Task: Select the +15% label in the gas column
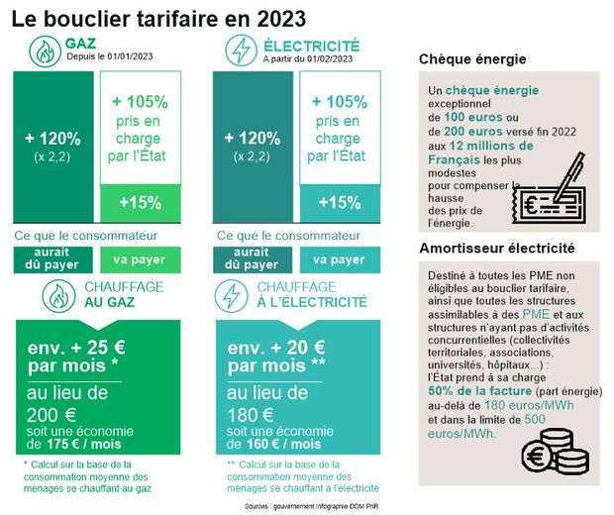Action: (142, 202)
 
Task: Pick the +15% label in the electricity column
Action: (341, 202)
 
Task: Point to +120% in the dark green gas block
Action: (53, 139)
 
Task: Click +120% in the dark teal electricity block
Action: (252, 139)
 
